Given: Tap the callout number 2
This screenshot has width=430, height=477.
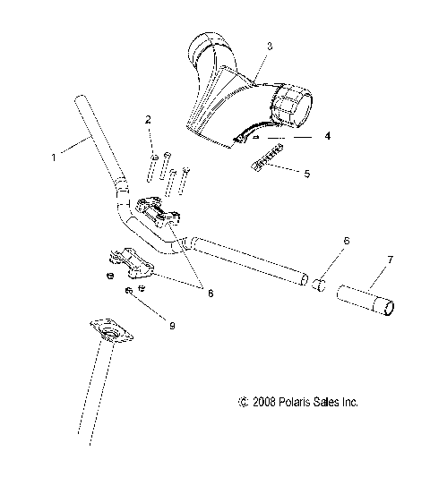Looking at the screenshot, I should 149,119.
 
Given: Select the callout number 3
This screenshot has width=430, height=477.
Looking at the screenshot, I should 270,44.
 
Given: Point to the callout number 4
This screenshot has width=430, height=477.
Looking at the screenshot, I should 327,137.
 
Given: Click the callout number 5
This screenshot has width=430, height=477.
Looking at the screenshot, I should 307,173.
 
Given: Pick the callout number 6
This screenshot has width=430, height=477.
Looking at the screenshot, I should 346,241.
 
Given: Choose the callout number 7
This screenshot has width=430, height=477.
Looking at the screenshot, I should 389,260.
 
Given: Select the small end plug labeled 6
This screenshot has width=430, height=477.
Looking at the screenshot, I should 317,285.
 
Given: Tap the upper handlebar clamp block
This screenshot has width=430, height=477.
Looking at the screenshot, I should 164,216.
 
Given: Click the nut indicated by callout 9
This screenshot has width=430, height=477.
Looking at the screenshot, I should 131,292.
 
